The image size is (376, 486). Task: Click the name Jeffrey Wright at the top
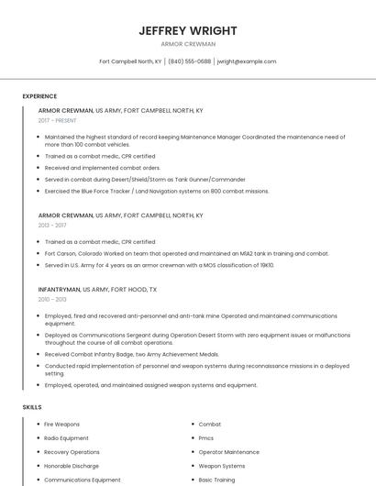[188, 30]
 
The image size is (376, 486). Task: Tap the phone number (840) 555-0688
[190, 61]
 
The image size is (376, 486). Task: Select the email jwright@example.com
[247, 61]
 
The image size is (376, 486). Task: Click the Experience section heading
[39, 96]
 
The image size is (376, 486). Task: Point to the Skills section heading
[32, 406]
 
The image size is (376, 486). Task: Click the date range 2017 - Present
[57, 120]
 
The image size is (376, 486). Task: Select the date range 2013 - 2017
[52, 225]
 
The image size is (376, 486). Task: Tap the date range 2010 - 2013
[52, 299]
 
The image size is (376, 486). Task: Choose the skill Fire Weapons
[61, 425]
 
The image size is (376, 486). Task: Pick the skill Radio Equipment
[66, 438]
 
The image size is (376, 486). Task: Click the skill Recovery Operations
[72, 452]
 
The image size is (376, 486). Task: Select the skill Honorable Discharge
[72, 466]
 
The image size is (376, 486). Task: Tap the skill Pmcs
[206, 438]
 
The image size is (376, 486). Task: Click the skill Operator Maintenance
[228, 452]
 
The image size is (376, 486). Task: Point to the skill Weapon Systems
[222, 466]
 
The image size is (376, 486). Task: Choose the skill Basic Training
[216, 480]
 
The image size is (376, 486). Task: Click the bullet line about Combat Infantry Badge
[131, 354]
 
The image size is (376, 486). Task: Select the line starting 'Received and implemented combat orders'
[102, 168]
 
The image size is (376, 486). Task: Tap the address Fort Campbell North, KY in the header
[130, 61]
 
